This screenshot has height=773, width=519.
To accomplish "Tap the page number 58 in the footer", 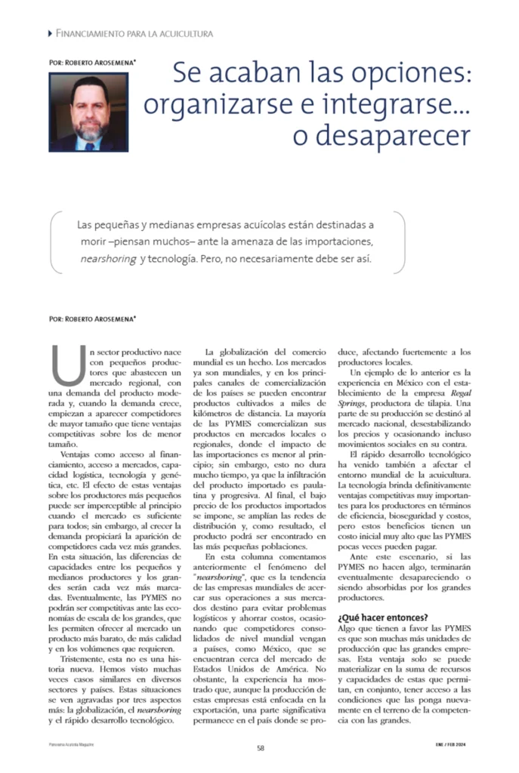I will click(x=260, y=748).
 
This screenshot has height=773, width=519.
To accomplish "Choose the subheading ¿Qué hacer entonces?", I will click(x=382, y=617).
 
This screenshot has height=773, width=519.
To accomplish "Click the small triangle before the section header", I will click(x=50, y=33).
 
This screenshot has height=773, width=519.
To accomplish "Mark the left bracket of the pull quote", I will click(x=54, y=242).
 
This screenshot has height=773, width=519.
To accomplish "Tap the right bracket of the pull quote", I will click(x=400, y=242).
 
